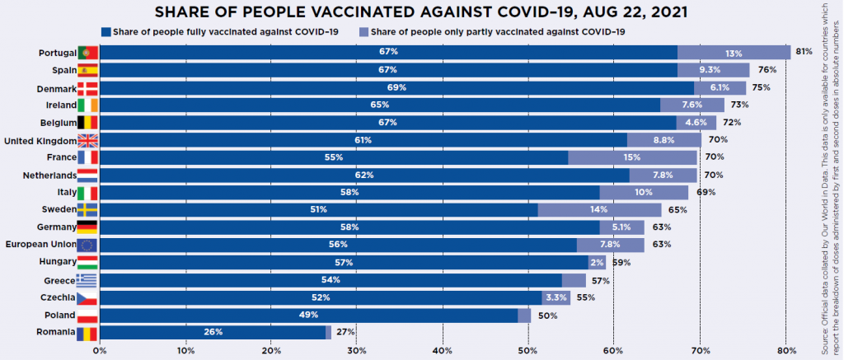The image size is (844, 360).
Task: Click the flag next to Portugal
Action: point(87,53)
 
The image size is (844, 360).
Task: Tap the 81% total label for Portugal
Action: point(804,53)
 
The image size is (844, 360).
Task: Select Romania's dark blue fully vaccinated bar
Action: point(213,333)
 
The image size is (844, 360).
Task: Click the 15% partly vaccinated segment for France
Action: point(632,157)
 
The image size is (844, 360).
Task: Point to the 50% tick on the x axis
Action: point(528,351)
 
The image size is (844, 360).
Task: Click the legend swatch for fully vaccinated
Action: point(105,32)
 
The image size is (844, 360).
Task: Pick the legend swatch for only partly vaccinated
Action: point(364,32)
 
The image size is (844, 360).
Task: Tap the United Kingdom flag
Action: point(87,140)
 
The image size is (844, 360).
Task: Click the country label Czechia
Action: point(57,297)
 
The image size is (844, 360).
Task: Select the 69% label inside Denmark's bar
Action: point(396,87)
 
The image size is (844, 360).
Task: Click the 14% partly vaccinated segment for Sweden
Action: point(599,210)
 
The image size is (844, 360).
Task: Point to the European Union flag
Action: point(87,245)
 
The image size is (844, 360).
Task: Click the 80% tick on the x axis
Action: point(785,351)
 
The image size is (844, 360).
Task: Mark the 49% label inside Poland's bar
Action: point(309,315)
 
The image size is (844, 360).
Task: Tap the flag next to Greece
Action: point(87,280)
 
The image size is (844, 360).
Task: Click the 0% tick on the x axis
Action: point(101,351)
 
